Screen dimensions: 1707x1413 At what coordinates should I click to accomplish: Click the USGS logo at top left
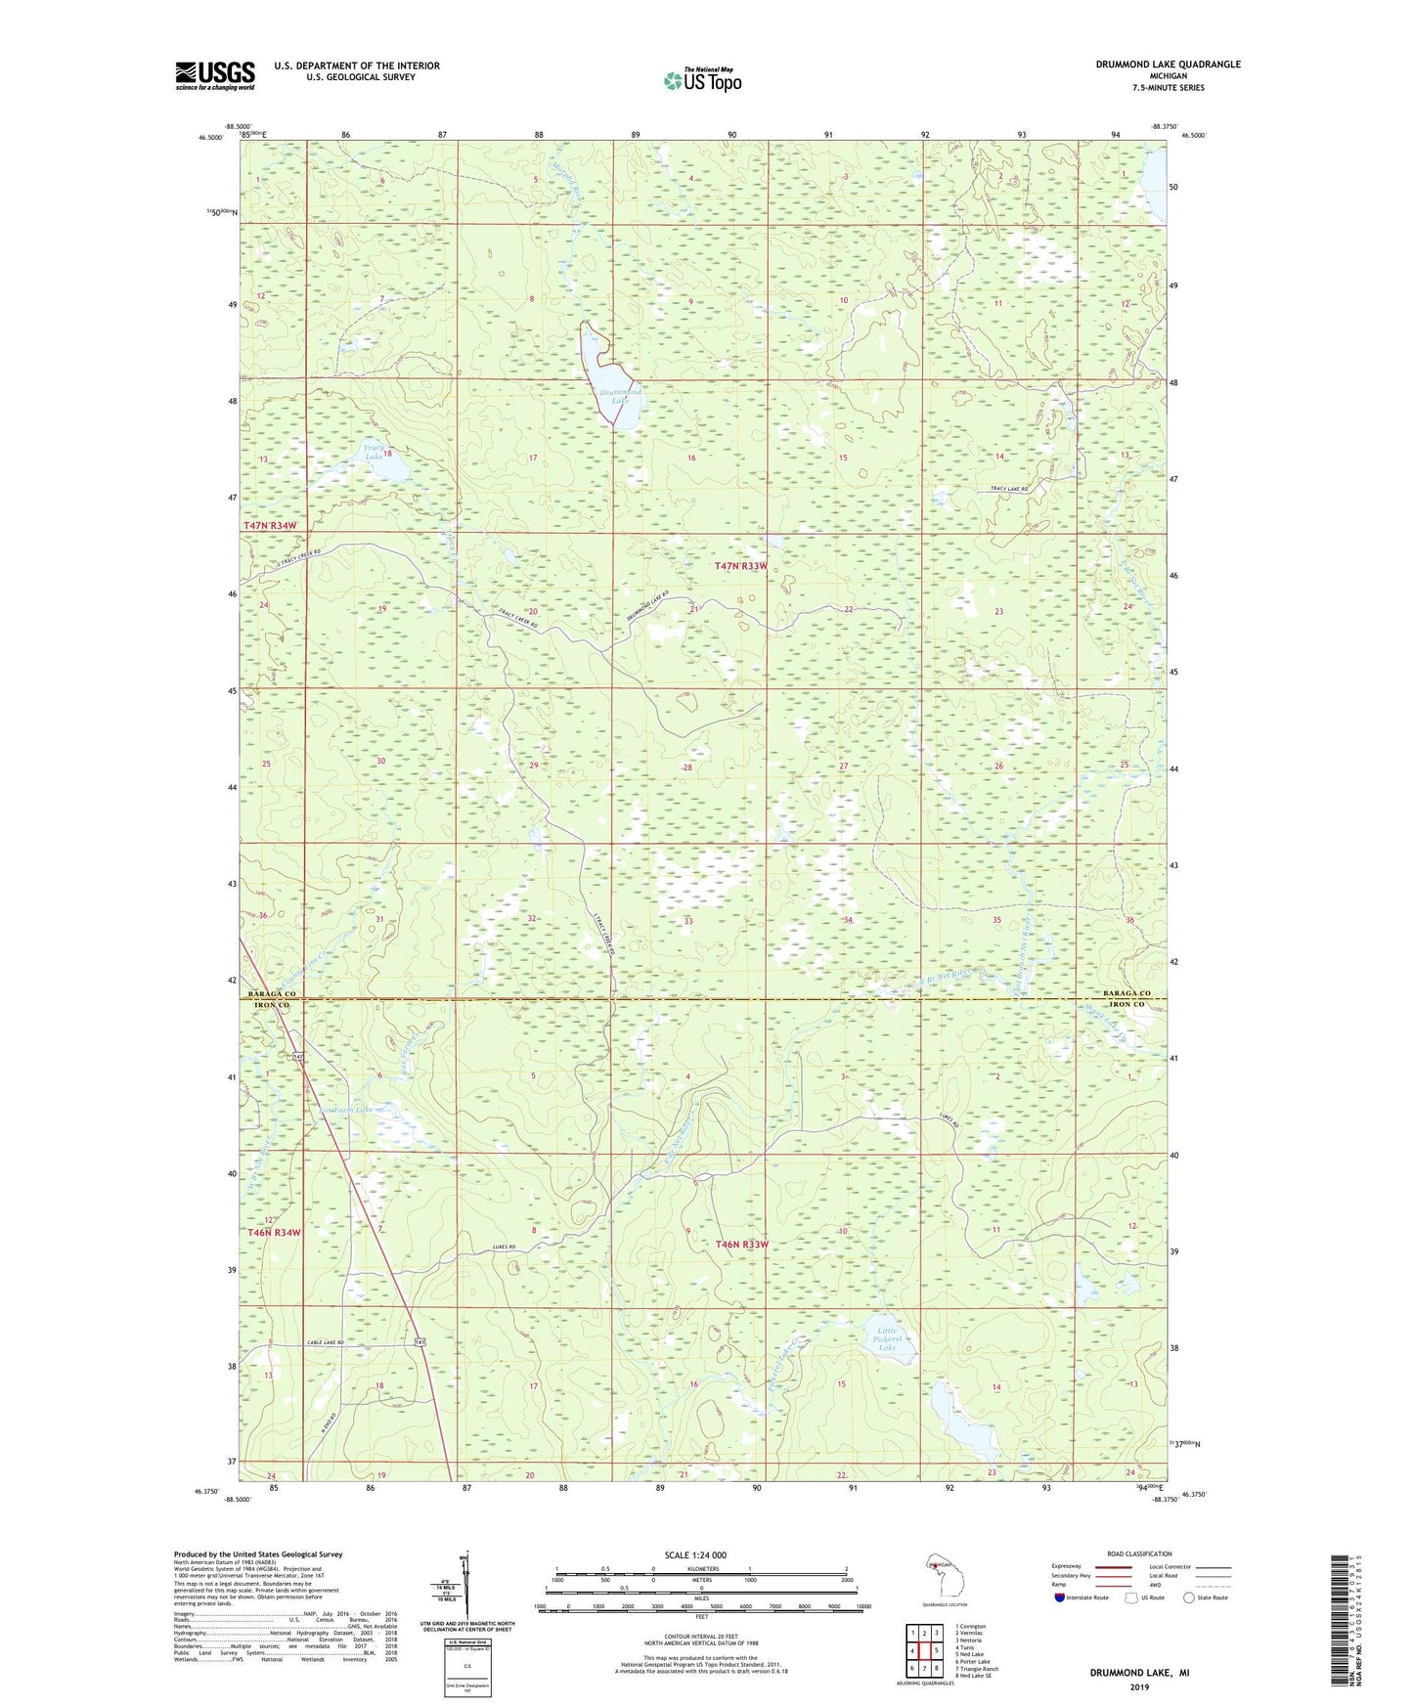215,74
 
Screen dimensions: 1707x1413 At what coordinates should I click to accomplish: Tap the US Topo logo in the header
702,80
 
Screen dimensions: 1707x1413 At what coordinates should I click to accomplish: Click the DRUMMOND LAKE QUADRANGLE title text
1168,65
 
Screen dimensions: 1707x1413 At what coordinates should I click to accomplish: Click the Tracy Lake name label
374,452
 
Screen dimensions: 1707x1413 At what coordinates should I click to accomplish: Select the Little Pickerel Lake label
887,1339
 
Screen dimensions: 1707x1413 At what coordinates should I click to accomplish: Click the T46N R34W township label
274,1233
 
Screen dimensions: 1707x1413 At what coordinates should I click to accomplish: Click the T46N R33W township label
741,1245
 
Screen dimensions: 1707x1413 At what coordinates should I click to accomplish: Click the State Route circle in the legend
1189,1597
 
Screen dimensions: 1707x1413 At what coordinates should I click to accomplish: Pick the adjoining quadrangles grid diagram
924,1640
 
